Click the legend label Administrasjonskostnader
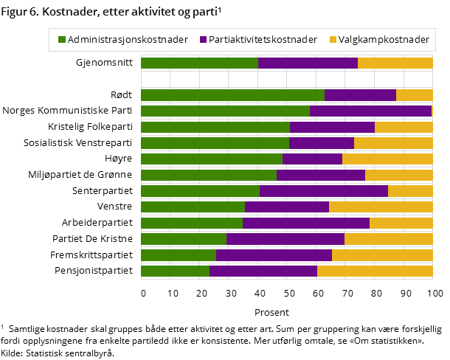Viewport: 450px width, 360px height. [128, 39]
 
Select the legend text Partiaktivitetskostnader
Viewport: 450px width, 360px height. [263, 39]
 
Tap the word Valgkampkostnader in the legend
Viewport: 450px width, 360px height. [384, 39]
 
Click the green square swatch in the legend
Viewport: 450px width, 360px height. [62, 39]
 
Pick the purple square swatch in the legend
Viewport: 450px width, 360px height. [203, 39]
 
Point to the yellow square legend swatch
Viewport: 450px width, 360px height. [333, 39]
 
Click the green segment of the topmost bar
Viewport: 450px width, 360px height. [199, 63]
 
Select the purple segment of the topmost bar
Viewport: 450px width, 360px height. [308, 63]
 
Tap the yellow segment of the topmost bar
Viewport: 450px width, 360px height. [395, 63]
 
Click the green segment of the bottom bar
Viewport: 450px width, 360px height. [175, 271]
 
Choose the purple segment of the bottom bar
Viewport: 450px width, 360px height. [263, 271]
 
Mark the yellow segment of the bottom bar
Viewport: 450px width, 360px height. [375, 271]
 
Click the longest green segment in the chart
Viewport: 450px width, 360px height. [232, 95]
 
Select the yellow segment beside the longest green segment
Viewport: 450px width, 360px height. [414, 95]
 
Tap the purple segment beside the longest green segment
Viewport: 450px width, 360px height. [360, 95]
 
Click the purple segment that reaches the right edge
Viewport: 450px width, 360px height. [370, 111]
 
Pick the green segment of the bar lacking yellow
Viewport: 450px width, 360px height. [225, 111]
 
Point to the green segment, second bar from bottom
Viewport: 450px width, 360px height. [179, 255]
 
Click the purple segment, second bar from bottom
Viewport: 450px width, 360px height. [274, 255]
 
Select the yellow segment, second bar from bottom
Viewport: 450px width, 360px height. [382, 255]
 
